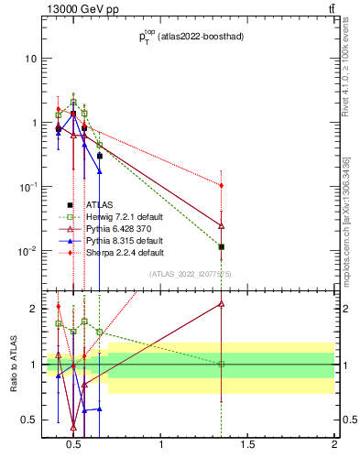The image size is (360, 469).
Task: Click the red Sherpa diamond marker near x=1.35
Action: point(222,185)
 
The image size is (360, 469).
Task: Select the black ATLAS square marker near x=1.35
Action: point(222,246)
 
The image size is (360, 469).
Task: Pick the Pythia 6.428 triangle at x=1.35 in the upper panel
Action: point(222,225)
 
